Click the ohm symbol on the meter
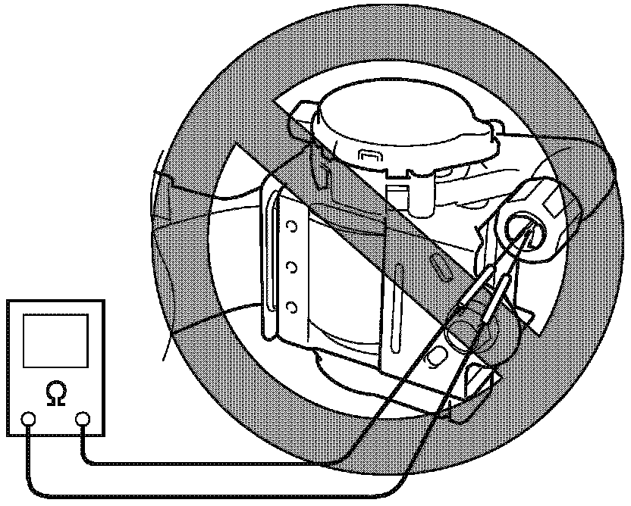click(x=55, y=393)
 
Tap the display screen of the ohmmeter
click(x=55, y=341)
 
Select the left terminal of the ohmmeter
click(x=29, y=418)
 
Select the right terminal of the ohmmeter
click(x=82, y=418)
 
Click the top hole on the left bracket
click(x=290, y=229)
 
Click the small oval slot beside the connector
click(x=439, y=265)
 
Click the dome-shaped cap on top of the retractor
click(x=402, y=121)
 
